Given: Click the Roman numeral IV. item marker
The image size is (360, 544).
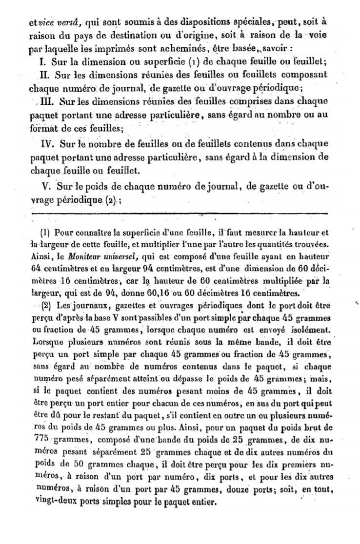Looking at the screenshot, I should point(46,144).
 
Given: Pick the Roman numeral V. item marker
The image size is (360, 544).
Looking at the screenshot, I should point(46,186).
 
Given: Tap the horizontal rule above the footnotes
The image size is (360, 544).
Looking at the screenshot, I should point(179,213).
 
